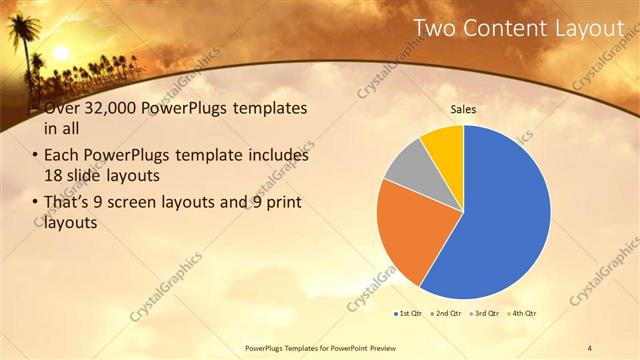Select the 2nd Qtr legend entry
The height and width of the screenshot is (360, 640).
(x=446, y=314)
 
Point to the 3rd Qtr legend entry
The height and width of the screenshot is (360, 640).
(x=484, y=314)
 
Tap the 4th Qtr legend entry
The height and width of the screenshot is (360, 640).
(x=522, y=314)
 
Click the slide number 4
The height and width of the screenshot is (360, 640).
(x=590, y=347)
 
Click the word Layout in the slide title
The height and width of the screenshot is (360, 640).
(x=590, y=28)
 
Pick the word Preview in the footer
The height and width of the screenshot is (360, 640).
(x=395, y=347)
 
